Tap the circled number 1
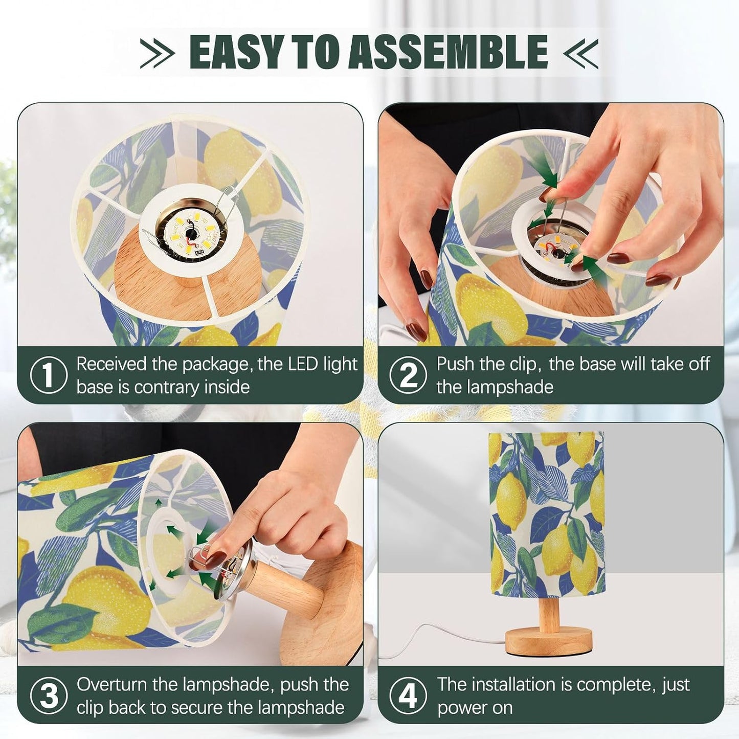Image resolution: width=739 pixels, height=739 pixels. pyautogui.click(x=48, y=375)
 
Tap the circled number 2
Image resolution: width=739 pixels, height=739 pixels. pyautogui.click(x=408, y=375)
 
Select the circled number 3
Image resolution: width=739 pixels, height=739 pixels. pyautogui.click(x=48, y=696)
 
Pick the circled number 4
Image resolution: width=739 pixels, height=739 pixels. pyautogui.click(x=408, y=696)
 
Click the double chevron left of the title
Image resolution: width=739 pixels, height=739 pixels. pyautogui.click(x=157, y=53)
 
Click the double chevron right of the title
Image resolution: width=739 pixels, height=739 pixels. pyautogui.click(x=580, y=53)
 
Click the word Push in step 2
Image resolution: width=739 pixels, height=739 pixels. pyautogui.click(x=455, y=364)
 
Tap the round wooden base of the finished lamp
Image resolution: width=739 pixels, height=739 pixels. pyautogui.click(x=549, y=641)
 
